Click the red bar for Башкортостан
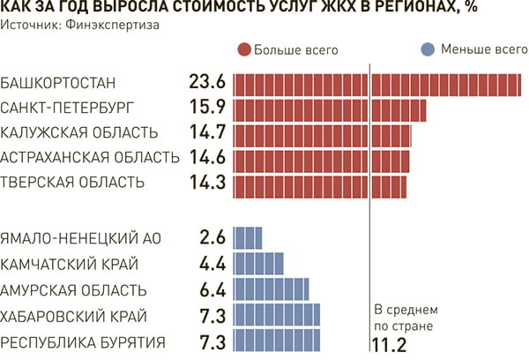pos(377,84)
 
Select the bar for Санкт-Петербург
pos(329,109)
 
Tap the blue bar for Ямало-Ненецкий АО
pos(248,238)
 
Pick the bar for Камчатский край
pos(258,264)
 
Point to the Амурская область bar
pos(271,289)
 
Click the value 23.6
pos(208,84)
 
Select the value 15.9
pos(208,109)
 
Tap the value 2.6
pos(212,238)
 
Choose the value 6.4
pos(212,289)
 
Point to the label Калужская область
pos(80,134)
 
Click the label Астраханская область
pos(91,159)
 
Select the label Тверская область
pos(73,184)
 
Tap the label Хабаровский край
pos(74,316)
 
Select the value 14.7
pos(208,134)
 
